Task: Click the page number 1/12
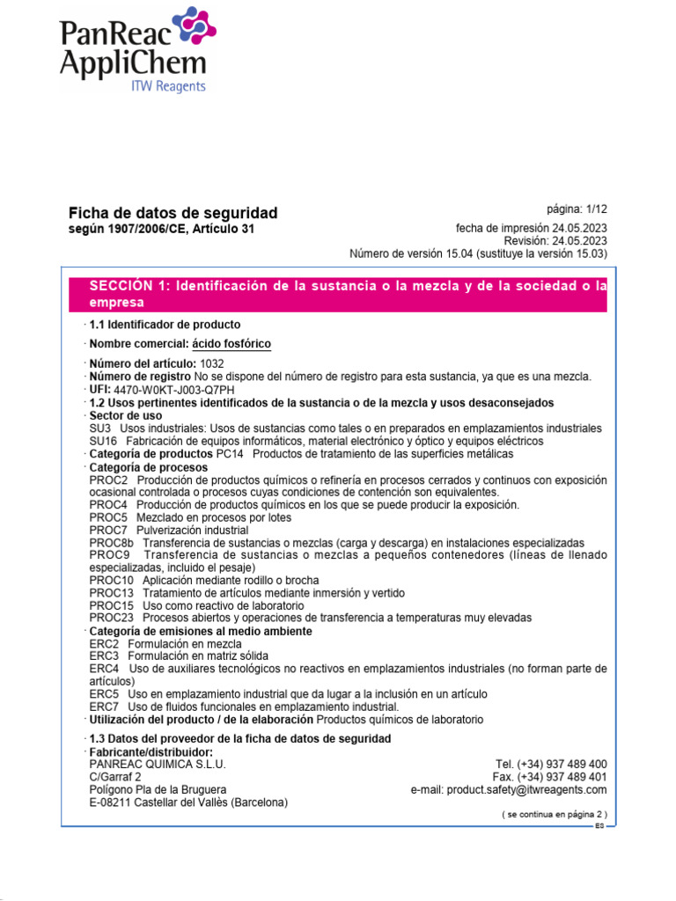[x=577, y=209]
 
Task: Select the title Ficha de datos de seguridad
[x=173, y=213]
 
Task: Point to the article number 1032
[x=213, y=363]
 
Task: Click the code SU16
[x=103, y=441]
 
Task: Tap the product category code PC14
[x=230, y=454]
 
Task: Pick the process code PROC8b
[x=110, y=544]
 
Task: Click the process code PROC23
[x=112, y=618]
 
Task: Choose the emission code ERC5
[x=104, y=694]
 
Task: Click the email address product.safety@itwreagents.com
[x=525, y=790]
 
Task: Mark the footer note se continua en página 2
[x=555, y=815]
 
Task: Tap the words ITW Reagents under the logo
[x=168, y=86]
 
